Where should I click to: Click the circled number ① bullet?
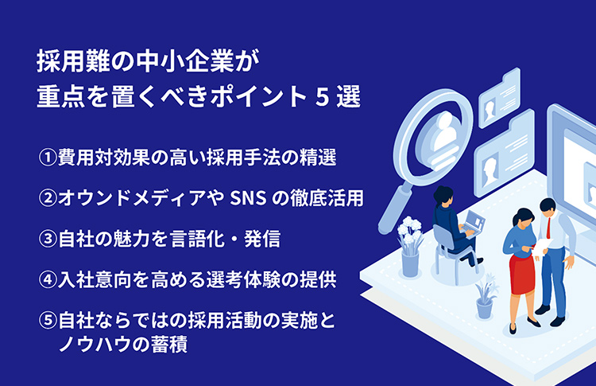pos(48,158)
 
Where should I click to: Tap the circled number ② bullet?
pos(48,198)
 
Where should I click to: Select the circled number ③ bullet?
pos(48,239)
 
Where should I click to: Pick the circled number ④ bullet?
pos(48,280)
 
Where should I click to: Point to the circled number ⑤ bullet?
pos(48,321)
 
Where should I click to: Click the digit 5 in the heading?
pos(322,97)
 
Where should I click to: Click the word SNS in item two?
pos(248,198)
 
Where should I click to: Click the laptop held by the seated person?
pos(473,224)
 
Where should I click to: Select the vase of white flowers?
pos(410,247)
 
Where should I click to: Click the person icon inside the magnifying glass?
pos(446,134)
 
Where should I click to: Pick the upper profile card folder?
pos(500,99)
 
